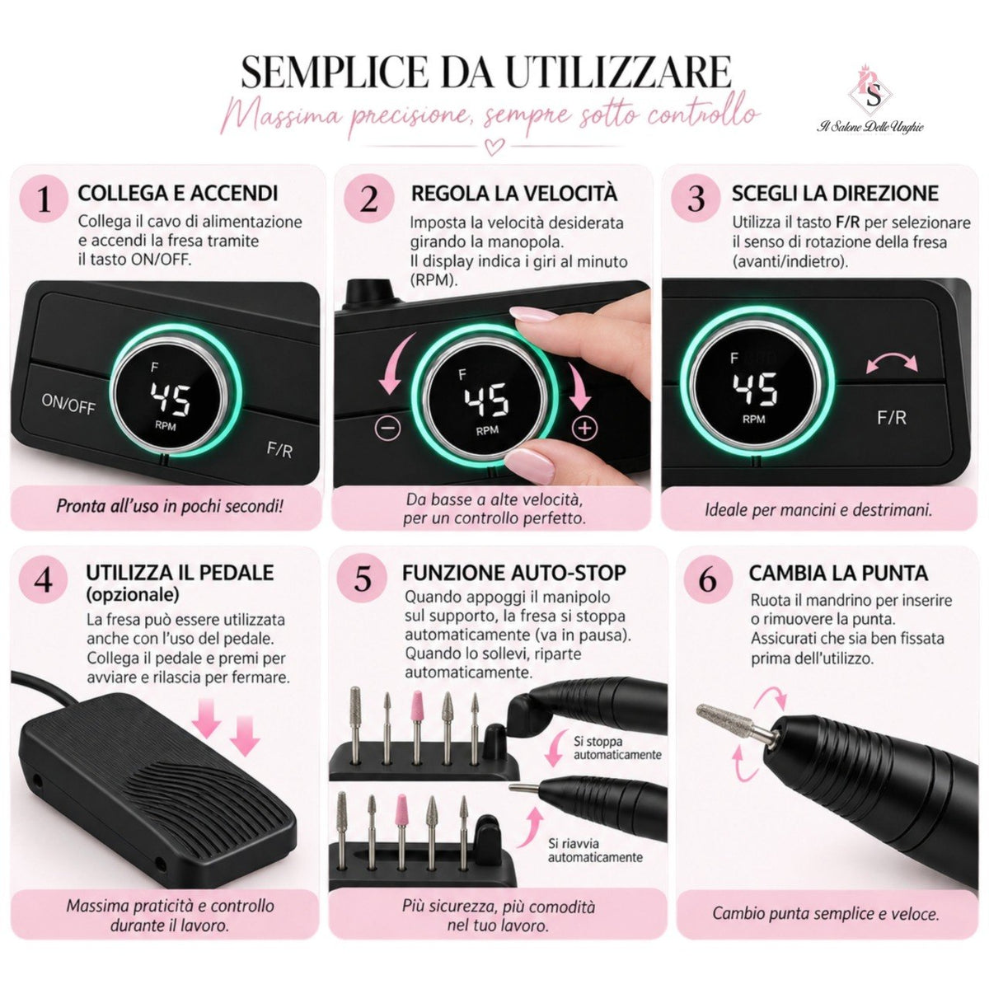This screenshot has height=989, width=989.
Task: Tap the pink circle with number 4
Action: [x=44, y=580]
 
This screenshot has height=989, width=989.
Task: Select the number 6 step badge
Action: [x=708, y=580]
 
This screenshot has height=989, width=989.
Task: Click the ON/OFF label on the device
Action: [x=68, y=403]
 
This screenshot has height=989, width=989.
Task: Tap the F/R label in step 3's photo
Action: [x=892, y=418]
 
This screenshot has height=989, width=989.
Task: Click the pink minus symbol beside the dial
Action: [x=388, y=428]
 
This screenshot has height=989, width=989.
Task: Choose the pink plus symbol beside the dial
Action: [x=584, y=427]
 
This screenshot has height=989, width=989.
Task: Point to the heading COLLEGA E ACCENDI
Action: [x=178, y=194]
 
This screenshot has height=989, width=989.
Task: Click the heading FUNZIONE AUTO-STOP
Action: [x=513, y=573]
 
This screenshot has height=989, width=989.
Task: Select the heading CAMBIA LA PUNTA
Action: [x=838, y=574]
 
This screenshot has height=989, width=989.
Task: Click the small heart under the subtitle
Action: [x=494, y=148]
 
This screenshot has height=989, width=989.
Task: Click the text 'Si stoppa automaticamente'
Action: [x=617, y=748]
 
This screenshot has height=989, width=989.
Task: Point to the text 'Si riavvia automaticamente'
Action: [x=595, y=850]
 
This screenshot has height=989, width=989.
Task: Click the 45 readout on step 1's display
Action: [x=171, y=398]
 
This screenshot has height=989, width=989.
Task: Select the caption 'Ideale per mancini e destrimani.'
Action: [x=818, y=510]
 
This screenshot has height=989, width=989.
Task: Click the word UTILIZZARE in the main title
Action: [x=618, y=73]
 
